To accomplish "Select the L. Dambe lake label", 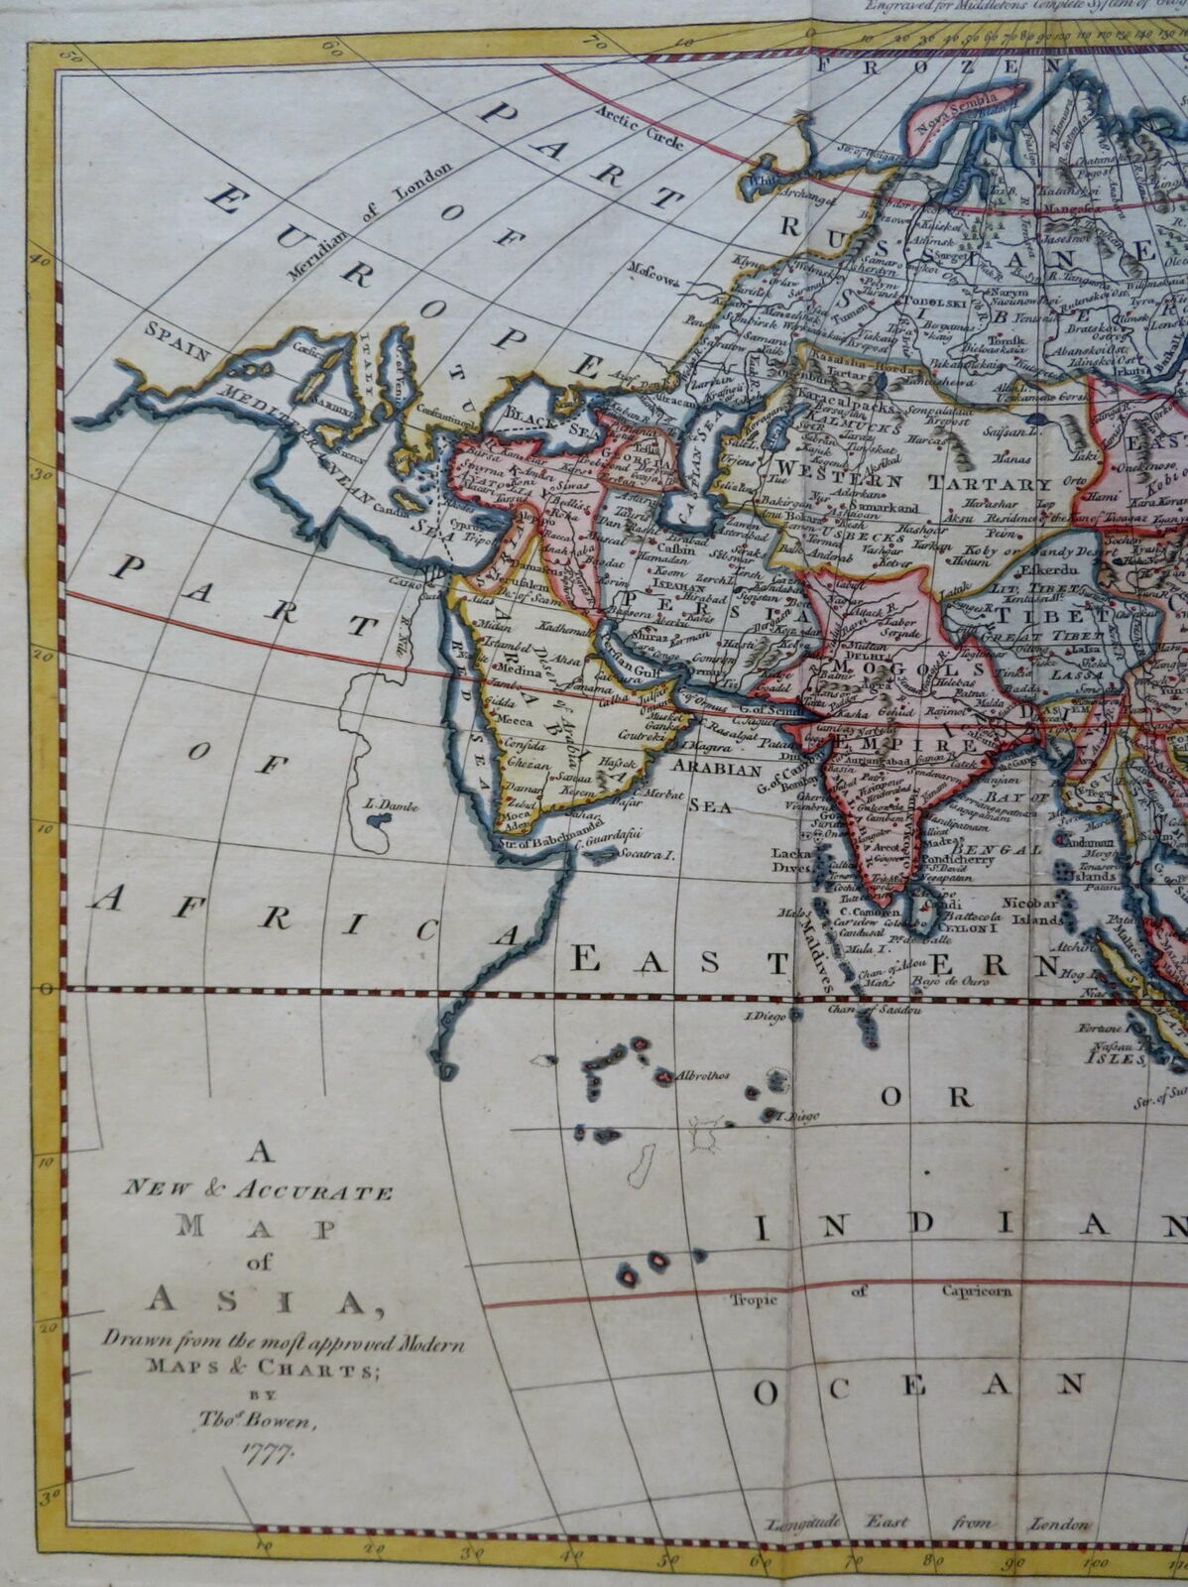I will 392,806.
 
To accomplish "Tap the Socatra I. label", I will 646,852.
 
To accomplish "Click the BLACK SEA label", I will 545,419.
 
